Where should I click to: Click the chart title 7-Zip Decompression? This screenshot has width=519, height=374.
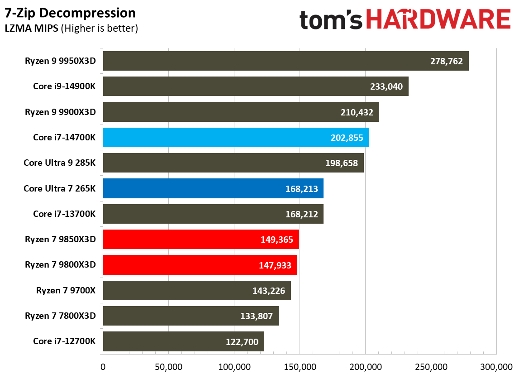click(70, 13)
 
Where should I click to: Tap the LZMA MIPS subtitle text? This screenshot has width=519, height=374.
click(32, 29)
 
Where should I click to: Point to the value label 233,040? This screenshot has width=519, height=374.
click(386, 87)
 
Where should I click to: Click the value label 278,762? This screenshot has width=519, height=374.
click(446, 61)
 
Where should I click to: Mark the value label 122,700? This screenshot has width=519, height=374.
click(242, 342)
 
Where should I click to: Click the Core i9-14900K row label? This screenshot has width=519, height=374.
click(64, 86)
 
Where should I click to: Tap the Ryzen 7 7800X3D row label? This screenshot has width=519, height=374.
click(61, 316)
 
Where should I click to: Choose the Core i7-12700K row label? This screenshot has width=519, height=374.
click(64, 341)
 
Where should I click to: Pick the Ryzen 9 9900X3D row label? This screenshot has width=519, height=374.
click(61, 112)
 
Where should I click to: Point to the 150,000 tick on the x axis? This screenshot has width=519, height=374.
click(300, 365)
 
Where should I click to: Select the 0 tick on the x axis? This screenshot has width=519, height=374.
click(103, 365)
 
